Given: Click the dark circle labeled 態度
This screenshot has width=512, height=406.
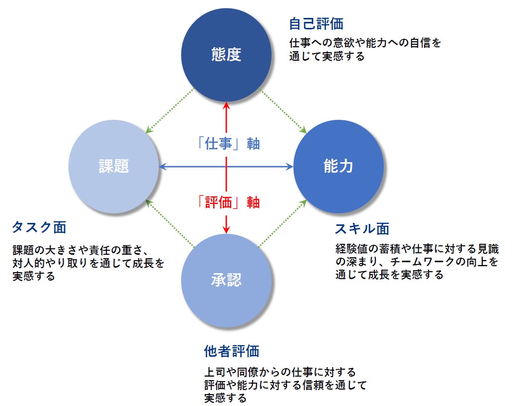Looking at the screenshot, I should point(226,54).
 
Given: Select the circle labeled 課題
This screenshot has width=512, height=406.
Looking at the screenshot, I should point(113,166).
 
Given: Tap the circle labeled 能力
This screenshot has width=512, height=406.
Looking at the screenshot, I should point(339,166).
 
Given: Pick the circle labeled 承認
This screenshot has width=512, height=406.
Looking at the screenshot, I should point(226,280).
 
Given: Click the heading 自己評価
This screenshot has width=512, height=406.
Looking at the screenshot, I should point(316,23).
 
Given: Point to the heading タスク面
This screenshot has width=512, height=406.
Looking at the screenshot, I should point(39,227).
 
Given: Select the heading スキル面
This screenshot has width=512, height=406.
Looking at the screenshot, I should point(362,228).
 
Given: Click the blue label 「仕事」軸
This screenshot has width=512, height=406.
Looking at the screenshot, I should point(226,144).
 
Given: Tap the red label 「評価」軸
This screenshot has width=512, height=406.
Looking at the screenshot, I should point(226,202).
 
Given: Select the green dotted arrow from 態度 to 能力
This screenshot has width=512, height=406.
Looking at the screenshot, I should point(283,111).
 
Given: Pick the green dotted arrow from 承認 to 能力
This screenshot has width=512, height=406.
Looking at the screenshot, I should point(283,222).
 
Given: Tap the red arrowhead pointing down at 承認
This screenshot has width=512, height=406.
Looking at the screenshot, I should point(226,229).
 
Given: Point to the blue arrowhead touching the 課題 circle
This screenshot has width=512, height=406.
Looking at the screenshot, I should point(163,167).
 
